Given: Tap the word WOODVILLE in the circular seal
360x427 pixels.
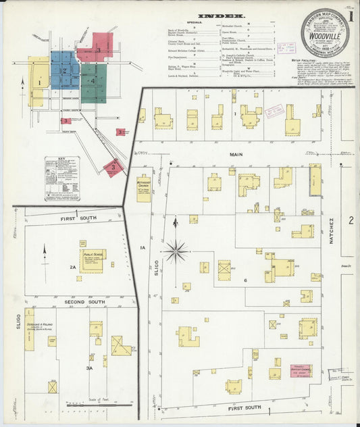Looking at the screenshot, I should (x=319, y=37).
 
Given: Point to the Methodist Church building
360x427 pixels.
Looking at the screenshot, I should (x=144, y=189).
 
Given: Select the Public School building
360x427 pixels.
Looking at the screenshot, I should (x=93, y=261).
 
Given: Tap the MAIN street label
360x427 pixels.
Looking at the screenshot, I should (x=235, y=155).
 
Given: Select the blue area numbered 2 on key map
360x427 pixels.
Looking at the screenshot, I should (x=64, y=70).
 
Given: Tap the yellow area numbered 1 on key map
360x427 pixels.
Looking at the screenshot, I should (x=39, y=82).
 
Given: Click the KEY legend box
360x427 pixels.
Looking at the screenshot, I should (x=62, y=178).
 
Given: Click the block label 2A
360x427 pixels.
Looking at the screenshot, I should (x=73, y=268).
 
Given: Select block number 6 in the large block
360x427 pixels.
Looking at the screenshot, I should (x=245, y=280).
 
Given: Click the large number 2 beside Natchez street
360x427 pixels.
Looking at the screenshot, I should (x=351, y=220).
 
